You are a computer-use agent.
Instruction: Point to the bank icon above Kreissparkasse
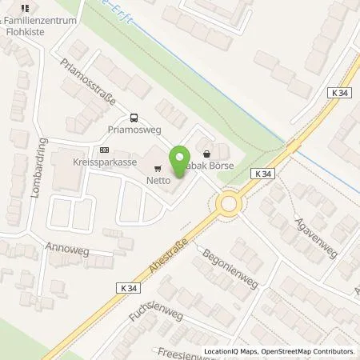104,150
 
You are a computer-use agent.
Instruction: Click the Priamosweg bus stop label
132,128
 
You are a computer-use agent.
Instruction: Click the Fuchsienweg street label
156,303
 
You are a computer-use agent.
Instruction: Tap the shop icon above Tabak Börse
208,154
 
